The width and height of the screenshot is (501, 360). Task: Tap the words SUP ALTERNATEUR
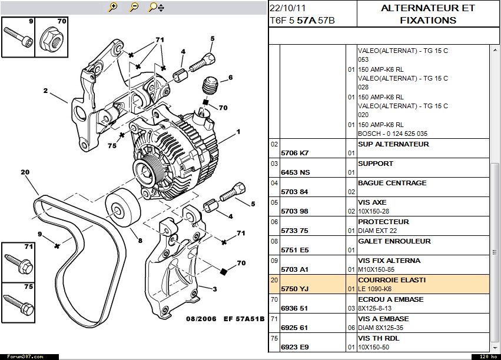(x=393, y=144)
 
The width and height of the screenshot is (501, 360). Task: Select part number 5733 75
(x=295, y=231)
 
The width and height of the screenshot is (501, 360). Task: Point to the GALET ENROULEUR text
(x=394, y=241)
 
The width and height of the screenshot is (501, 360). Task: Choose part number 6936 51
(x=295, y=308)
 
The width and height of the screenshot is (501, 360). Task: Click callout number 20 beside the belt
(x=25, y=172)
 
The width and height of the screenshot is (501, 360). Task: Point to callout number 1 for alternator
(x=238, y=132)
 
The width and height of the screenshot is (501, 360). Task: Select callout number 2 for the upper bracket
(x=45, y=91)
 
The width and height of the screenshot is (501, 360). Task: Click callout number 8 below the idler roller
(x=140, y=240)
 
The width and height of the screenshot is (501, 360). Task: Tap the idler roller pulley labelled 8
(x=122, y=208)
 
